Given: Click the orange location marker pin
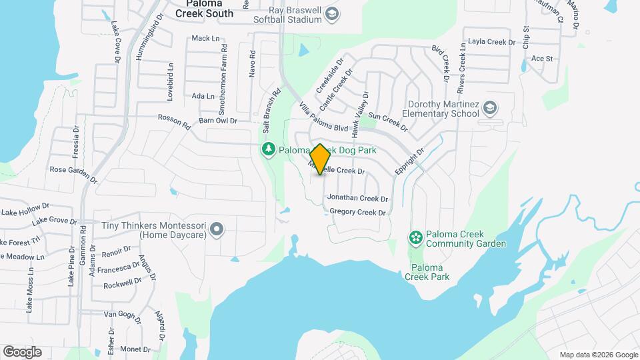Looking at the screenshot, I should [320, 159].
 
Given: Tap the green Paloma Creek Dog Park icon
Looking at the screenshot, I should [268, 149].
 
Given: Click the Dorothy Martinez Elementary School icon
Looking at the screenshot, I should [491, 108].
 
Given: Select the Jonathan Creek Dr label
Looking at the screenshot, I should [357, 199].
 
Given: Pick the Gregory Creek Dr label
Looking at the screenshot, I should [358, 213].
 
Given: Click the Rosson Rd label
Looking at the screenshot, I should [174, 121].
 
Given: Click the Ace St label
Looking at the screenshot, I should [542, 59].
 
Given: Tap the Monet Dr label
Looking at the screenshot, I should [135, 349].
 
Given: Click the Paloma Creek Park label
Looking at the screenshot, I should [427, 272].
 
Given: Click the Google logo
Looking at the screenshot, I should [22, 351].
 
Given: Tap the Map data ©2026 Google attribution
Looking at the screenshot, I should [598, 355].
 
